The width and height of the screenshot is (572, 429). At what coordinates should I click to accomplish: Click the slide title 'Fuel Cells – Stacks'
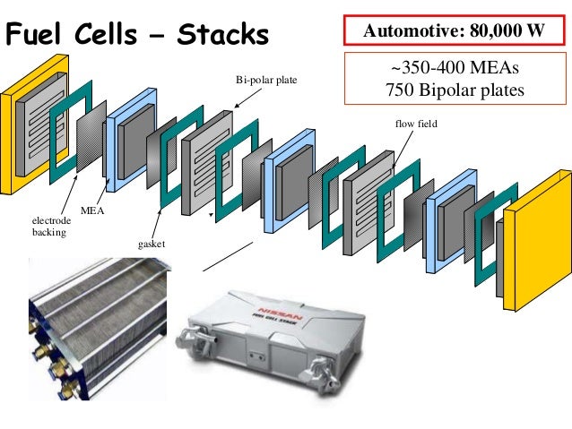tap(137, 35)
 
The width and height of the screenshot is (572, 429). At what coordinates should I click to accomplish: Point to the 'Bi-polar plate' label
tap(266, 82)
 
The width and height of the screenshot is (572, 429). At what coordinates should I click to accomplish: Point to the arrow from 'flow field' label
tap(405, 143)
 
